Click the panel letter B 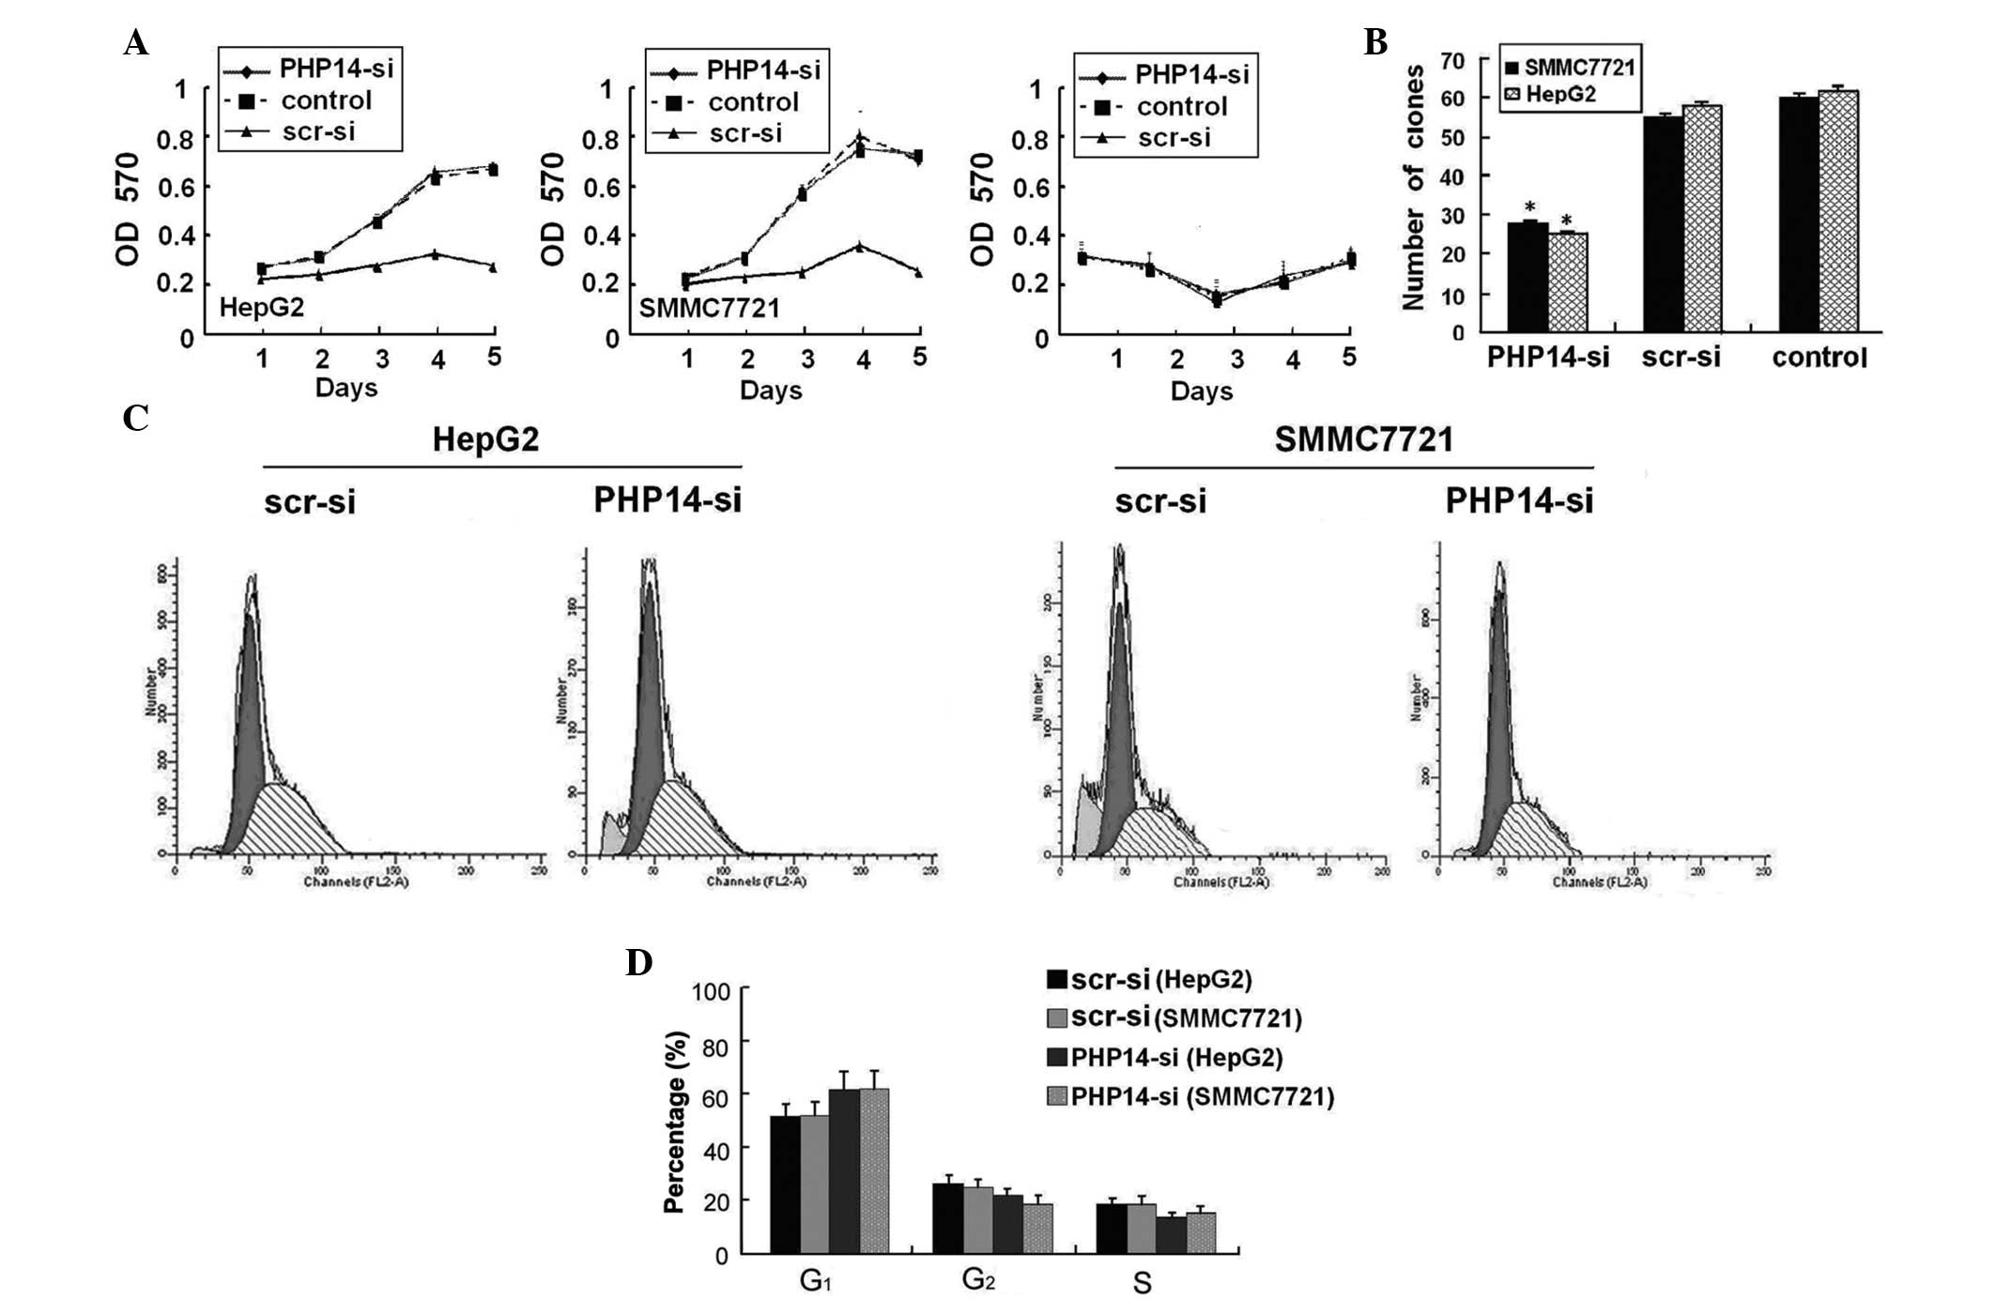(1374, 42)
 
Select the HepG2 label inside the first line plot (261, 307)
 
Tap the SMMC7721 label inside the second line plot (709, 308)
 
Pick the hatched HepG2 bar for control (1838, 211)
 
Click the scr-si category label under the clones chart (1681, 358)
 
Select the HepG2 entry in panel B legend (1559, 94)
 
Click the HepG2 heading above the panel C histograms (485, 440)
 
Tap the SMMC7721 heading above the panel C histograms (1363, 439)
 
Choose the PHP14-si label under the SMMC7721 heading (1518, 501)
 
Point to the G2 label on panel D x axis (977, 1279)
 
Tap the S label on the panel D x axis (1142, 1283)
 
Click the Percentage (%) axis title (675, 1122)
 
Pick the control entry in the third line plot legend (1181, 107)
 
